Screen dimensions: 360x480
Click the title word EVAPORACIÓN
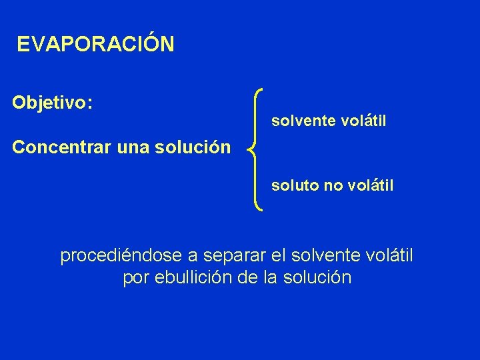[96, 45]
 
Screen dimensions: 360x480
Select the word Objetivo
[51, 103]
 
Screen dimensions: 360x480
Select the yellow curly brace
[255, 150]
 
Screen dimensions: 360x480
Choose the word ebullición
[195, 278]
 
